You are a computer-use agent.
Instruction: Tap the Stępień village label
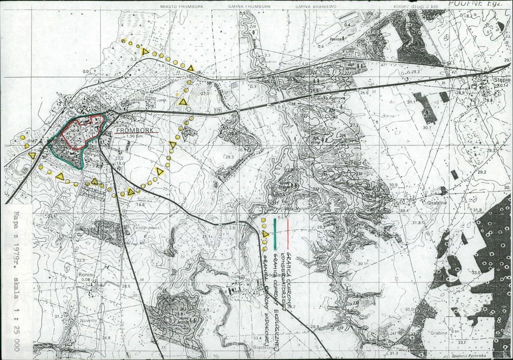pyautogui.click(x=502, y=80)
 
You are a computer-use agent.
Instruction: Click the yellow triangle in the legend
pyautogui.click(x=265, y=234)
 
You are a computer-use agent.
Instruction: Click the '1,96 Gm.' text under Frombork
pyautogui.click(x=136, y=136)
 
